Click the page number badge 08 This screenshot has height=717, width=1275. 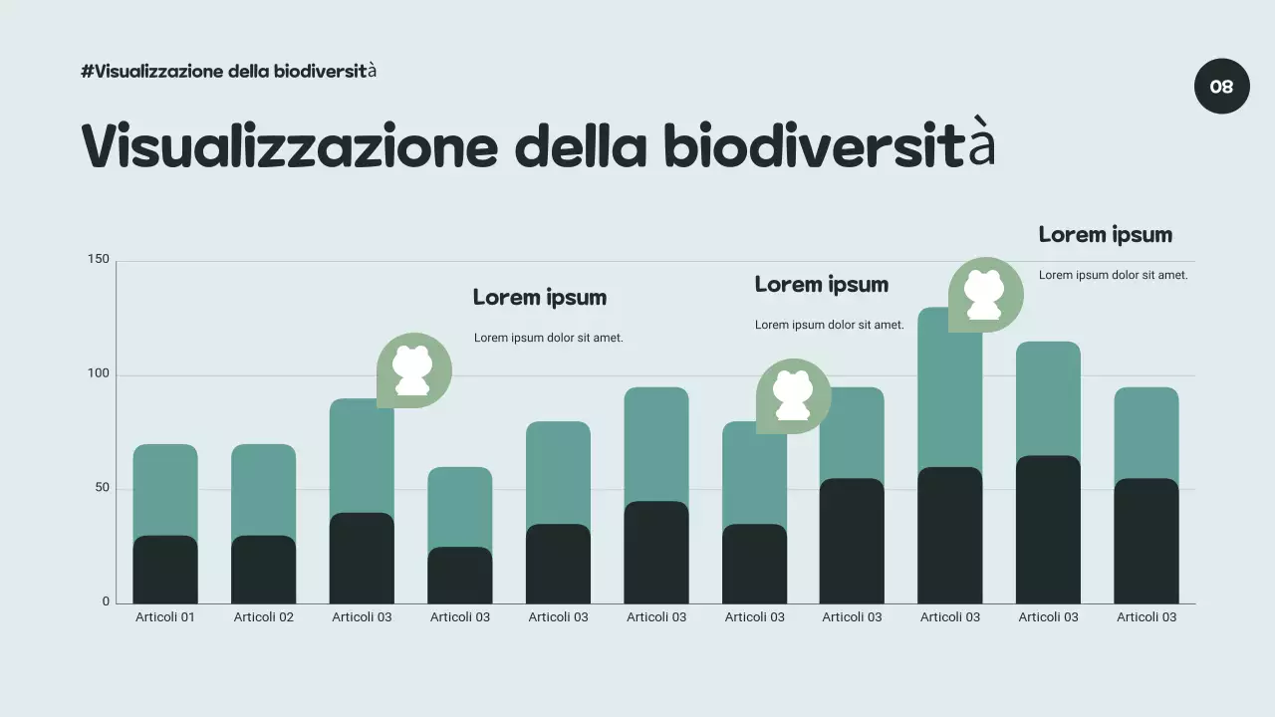coord(1221,87)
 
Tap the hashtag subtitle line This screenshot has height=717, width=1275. coord(228,71)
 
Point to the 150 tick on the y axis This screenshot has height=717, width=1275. coord(99,260)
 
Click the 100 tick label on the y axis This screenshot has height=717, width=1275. coord(99,374)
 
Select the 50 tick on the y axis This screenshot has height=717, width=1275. coord(102,489)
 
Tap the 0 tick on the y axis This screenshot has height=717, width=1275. coord(106,602)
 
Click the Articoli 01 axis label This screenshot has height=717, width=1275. coord(165,617)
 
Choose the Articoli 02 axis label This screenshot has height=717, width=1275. coord(264,617)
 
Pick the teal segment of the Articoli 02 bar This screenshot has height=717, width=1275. coord(264,489)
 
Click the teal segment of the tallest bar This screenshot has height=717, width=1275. coord(949,398)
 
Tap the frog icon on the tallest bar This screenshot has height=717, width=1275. coord(985,295)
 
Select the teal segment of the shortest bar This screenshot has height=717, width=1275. coord(460,506)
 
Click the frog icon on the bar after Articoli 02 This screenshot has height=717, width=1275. coord(413,370)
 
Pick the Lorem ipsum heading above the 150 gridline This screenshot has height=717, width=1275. coord(1105,235)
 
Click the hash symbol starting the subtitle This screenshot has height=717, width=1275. coord(87,71)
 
